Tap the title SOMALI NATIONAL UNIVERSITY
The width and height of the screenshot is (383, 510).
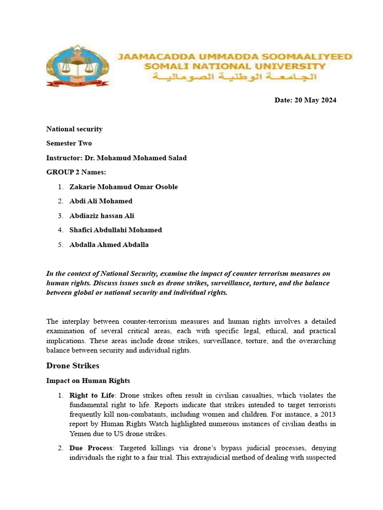(234, 66)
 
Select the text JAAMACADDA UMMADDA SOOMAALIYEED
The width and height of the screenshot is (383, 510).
(234, 57)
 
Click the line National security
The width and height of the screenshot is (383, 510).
(74, 129)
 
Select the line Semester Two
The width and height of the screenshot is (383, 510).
(69, 143)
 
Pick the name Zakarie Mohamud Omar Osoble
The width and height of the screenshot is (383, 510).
(124, 187)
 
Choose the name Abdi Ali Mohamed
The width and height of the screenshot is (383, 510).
(101, 201)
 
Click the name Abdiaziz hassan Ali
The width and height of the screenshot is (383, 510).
(102, 216)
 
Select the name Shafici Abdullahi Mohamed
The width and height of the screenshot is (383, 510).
(116, 230)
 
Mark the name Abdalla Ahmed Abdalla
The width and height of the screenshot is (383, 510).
(109, 245)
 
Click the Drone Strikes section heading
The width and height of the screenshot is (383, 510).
(73, 366)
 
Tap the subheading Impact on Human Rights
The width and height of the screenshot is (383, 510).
(88, 381)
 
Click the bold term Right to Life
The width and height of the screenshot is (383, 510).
(90, 395)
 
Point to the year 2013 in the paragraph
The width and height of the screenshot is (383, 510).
(326, 414)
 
